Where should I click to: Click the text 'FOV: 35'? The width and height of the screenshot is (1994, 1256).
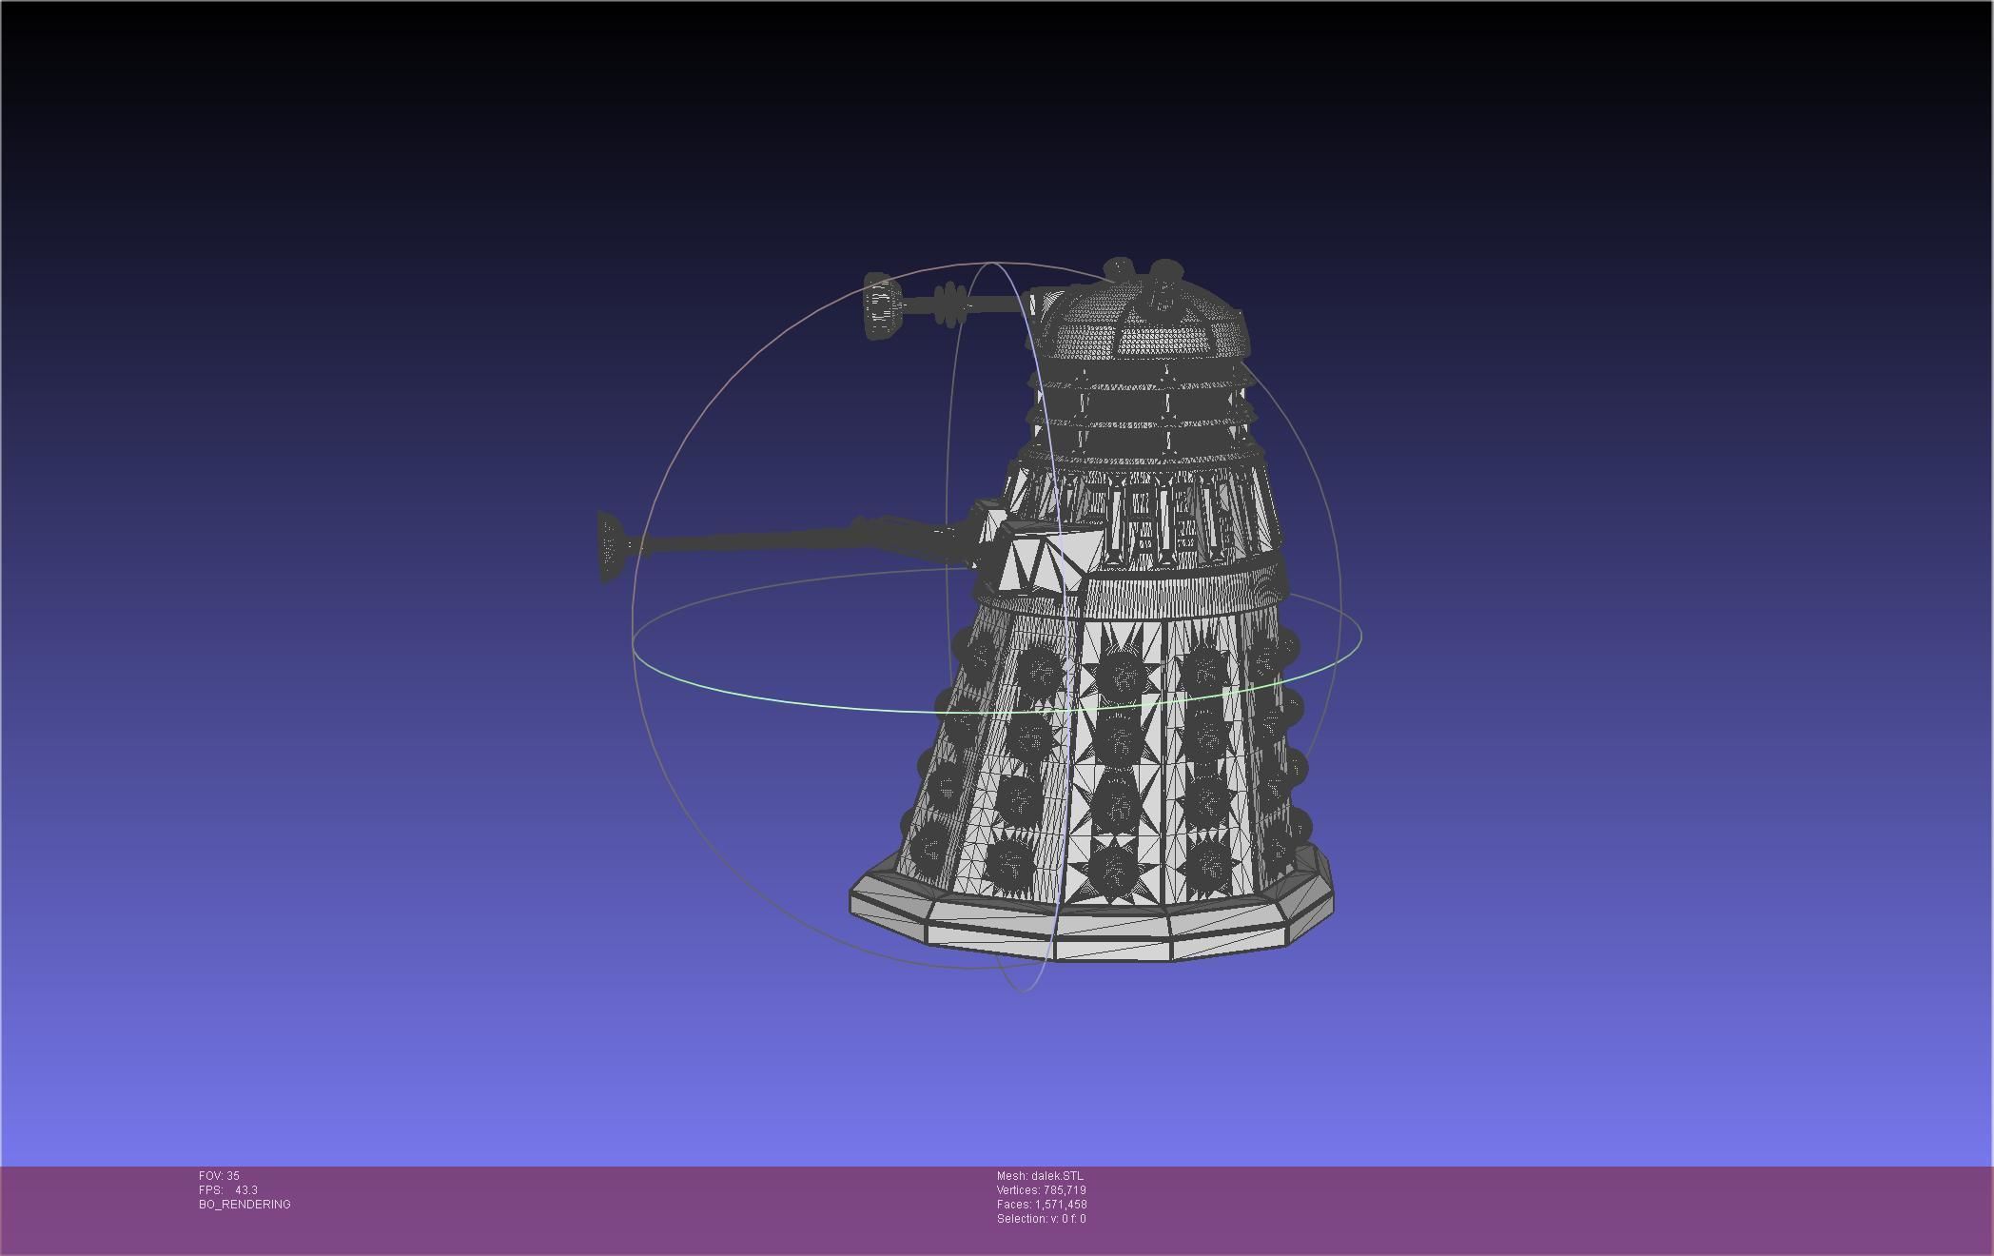(219, 1176)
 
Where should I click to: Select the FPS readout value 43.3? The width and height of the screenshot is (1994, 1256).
(245, 1190)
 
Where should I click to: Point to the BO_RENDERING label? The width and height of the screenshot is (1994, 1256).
(244, 1205)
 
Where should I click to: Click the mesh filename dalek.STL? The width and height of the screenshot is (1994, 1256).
(1056, 1176)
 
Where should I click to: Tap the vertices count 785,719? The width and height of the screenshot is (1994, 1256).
(1064, 1190)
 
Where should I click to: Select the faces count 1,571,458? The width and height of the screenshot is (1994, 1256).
(1065, 1205)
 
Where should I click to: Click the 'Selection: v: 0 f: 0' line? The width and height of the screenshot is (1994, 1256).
(1041, 1219)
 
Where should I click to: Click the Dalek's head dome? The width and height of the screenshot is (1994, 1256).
(1142, 324)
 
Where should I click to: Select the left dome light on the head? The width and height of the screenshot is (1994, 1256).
(1119, 268)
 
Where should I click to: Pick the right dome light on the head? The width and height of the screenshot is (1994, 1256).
(1164, 272)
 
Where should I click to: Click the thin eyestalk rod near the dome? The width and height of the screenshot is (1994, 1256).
(999, 304)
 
